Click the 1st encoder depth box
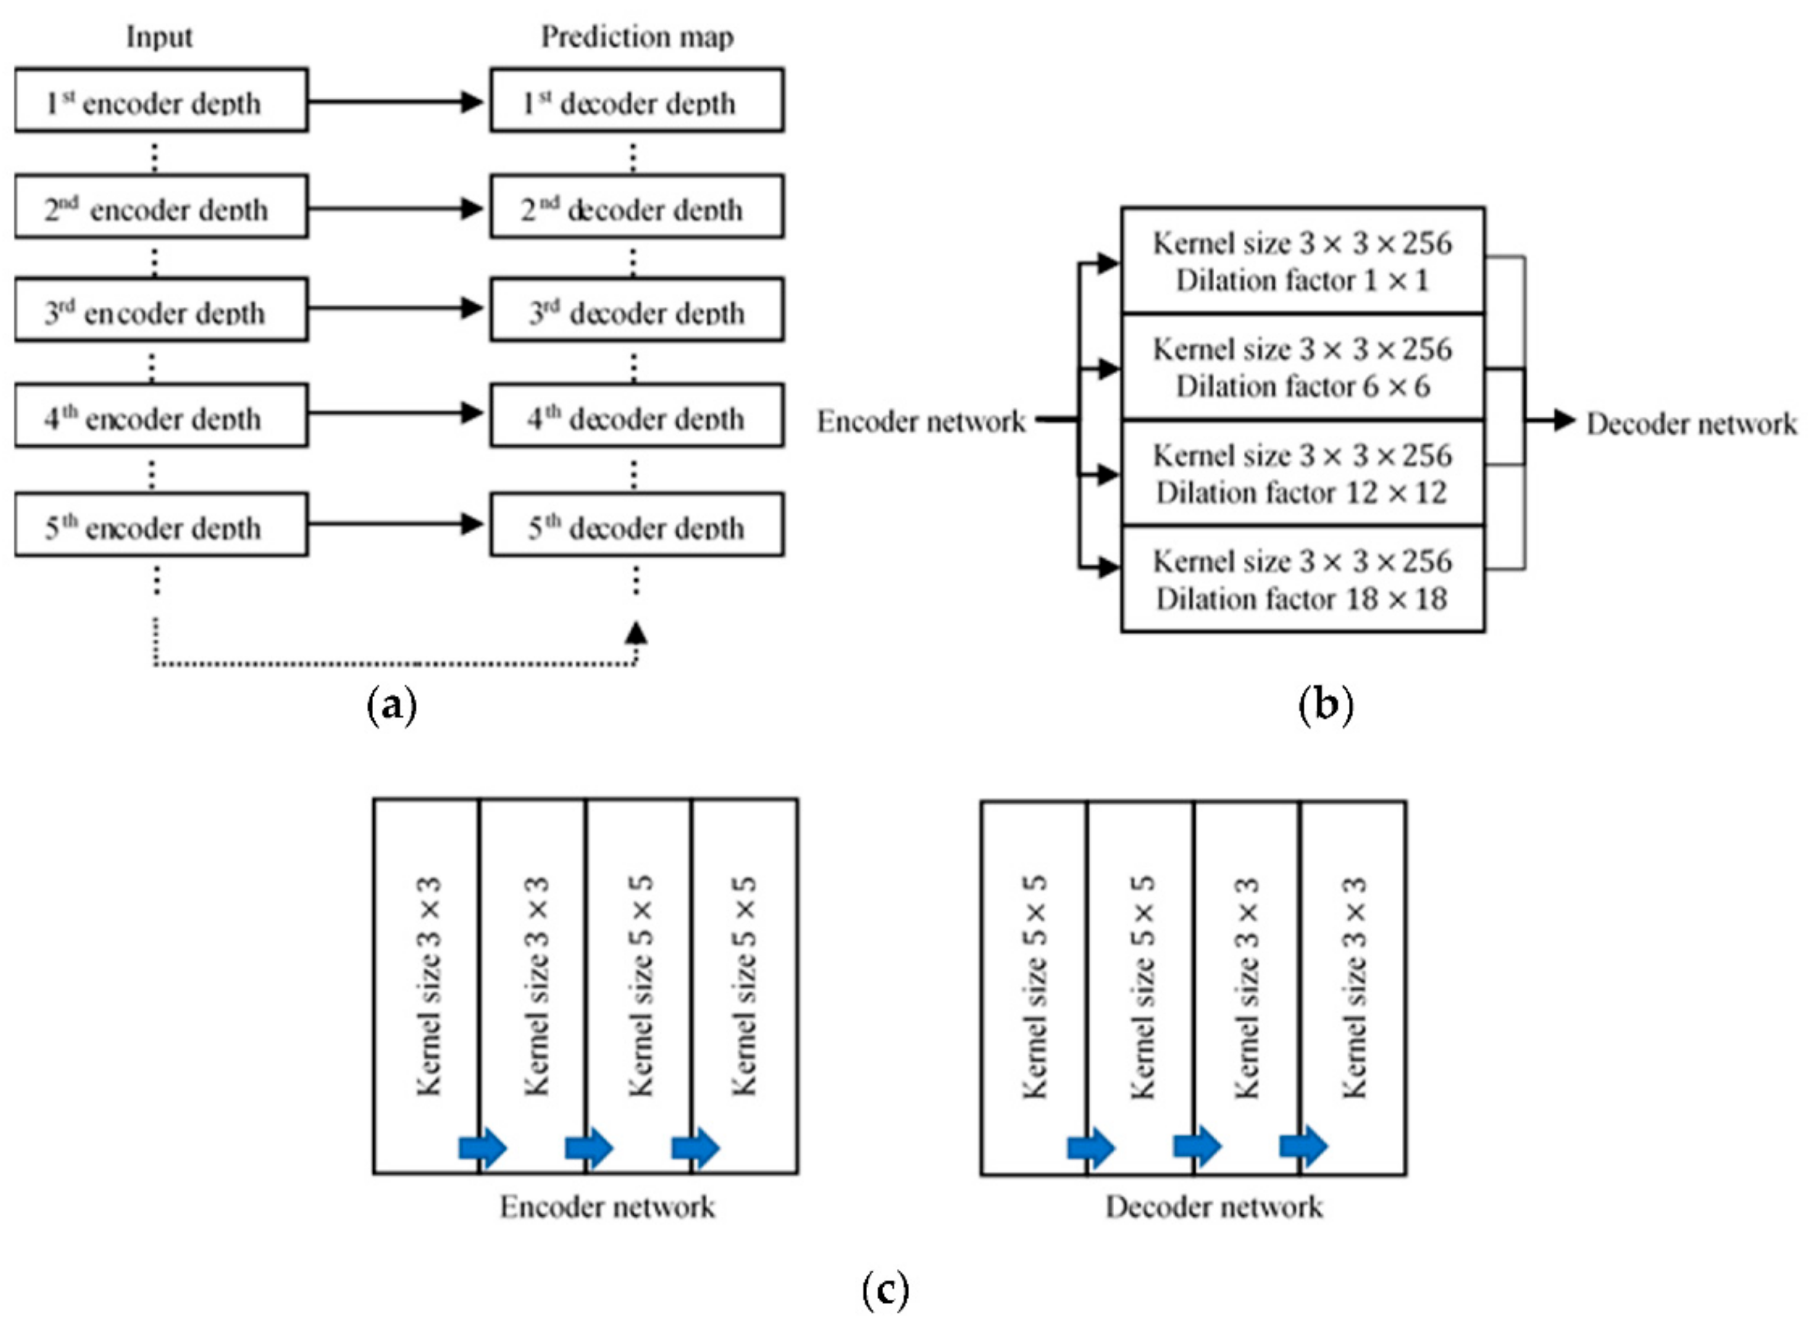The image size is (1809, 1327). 161,101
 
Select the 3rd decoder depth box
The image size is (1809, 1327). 636,310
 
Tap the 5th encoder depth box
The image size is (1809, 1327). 161,525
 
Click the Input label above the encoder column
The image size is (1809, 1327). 159,37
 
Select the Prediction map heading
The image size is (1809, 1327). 636,37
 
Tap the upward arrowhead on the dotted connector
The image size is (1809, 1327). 636,633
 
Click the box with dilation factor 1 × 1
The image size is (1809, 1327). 1301,261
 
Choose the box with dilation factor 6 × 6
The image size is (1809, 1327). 1301,367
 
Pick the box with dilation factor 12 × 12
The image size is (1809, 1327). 1301,473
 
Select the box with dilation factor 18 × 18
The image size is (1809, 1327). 1301,579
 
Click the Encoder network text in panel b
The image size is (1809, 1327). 920,422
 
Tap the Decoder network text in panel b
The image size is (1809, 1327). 1691,423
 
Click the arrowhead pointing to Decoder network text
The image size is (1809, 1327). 1563,420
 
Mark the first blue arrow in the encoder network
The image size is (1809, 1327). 483,1148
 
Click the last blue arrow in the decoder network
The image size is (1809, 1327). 1303,1146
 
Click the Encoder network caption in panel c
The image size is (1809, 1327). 607,1207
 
